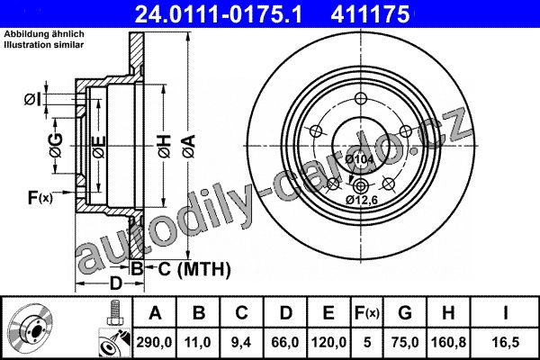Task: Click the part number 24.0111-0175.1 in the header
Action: (x=218, y=14)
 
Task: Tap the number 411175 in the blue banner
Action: (x=371, y=14)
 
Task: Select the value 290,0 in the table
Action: (x=154, y=342)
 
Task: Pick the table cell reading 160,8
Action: (x=448, y=342)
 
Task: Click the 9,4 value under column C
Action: (x=241, y=342)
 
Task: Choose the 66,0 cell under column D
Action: (x=285, y=342)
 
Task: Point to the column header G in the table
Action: (x=405, y=313)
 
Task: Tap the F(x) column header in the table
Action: (x=367, y=313)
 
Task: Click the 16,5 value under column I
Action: (x=506, y=342)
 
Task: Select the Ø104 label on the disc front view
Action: (x=359, y=159)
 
